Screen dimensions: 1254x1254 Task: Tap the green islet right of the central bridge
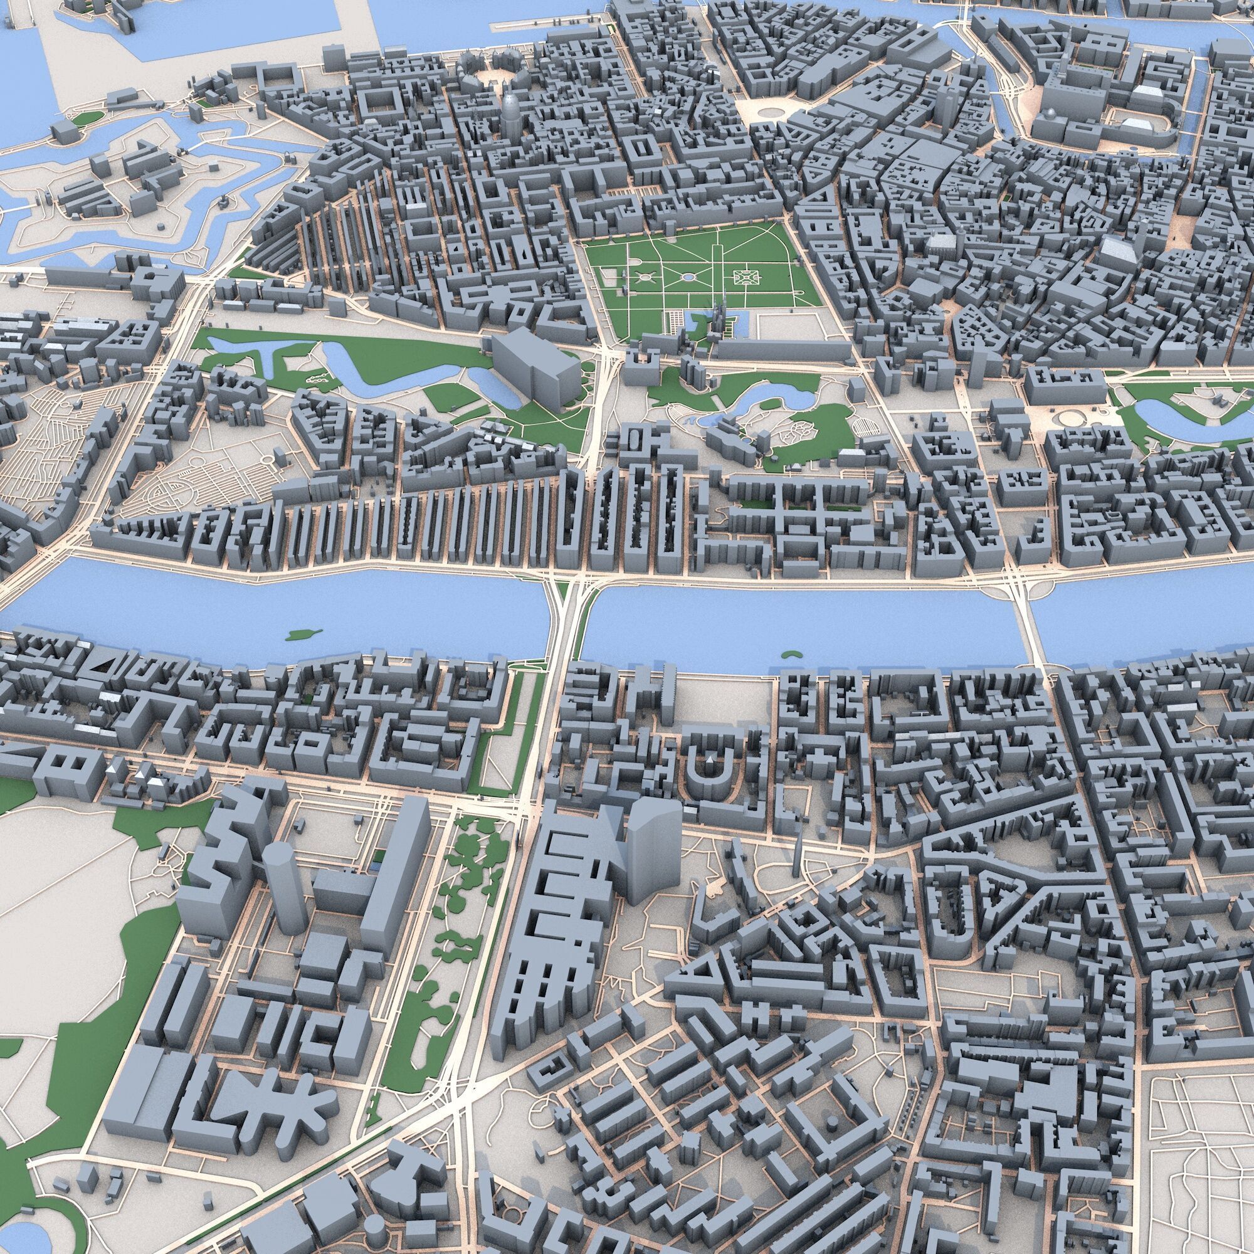coord(790,653)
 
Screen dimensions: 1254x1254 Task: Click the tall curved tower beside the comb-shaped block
coord(653,847)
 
